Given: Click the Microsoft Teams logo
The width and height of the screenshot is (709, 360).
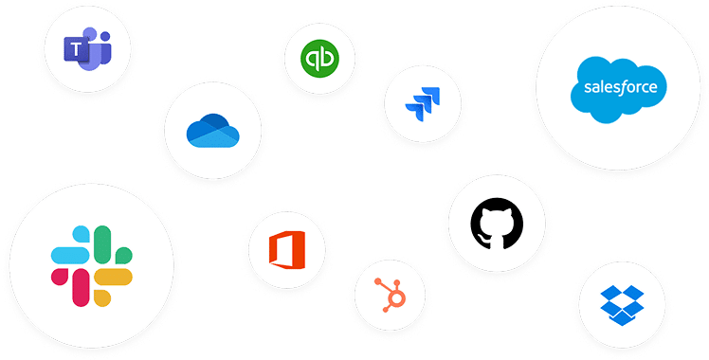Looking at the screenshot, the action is point(86,47).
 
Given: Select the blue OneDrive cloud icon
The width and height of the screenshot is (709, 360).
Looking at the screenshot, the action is point(212,132).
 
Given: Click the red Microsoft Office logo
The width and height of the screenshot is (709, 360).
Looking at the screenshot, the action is point(285,250).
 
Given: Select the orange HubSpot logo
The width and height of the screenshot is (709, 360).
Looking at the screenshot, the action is point(390,294).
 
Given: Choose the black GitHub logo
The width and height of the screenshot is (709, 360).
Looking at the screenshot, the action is point(496,222).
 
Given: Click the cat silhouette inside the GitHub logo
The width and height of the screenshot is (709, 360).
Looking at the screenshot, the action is point(496,223).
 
